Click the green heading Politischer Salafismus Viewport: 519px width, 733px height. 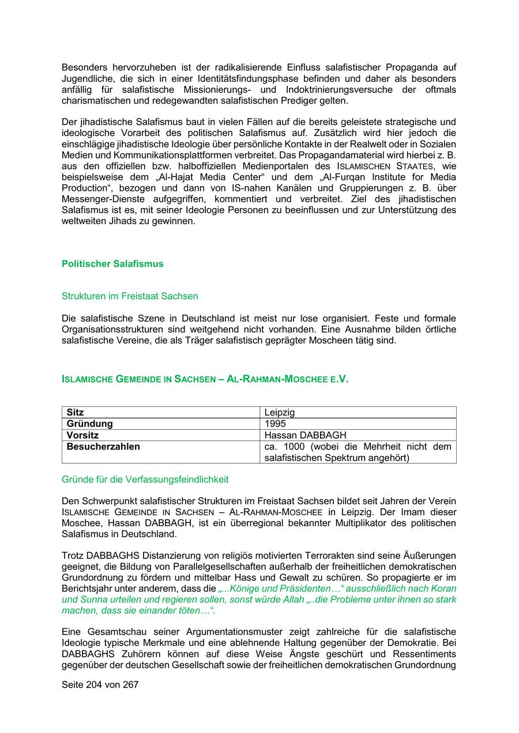(x=112, y=264)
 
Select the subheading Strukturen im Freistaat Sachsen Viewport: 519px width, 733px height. (x=130, y=296)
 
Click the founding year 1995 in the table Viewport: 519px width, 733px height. (x=275, y=424)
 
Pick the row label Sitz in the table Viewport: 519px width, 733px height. (x=76, y=413)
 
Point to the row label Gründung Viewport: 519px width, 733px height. (x=89, y=424)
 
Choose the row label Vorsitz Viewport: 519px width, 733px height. (x=82, y=435)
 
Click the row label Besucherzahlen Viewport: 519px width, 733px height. (x=103, y=447)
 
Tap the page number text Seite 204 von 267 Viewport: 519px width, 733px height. (x=100, y=685)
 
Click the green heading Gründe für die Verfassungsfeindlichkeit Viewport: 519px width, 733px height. (x=145, y=479)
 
